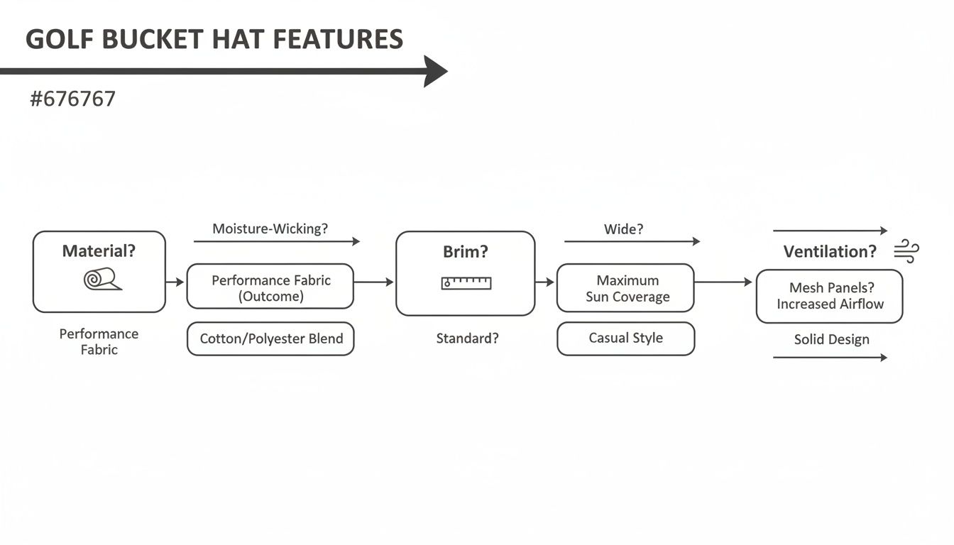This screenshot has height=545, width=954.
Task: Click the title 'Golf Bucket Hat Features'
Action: click(214, 39)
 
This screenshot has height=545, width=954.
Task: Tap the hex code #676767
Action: click(72, 99)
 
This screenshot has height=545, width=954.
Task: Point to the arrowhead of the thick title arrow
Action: click(434, 71)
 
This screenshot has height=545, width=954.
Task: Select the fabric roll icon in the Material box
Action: click(102, 280)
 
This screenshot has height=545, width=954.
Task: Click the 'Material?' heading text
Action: click(99, 251)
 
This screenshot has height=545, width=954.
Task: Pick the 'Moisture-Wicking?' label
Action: click(270, 229)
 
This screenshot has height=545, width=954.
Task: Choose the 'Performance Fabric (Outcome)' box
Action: click(270, 287)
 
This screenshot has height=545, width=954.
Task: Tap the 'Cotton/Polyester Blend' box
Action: click(270, 338)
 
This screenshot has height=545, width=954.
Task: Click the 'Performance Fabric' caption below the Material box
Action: click(99, 341)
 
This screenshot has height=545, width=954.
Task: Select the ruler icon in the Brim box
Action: click(466, 283)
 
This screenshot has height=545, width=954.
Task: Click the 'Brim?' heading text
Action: click(466, 252)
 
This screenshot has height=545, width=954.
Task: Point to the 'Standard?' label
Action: click(467, 338)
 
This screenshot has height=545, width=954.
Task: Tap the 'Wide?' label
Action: click(623, 229)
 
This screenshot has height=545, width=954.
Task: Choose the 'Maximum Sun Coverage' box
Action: click(625, 288)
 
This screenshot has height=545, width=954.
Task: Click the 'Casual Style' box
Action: click(625, 338)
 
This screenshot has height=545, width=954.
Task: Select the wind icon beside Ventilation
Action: click(906, 251)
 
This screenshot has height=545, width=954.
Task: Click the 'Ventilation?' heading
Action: click(830, 252)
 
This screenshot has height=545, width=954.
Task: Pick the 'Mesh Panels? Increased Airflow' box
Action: click(829, 296)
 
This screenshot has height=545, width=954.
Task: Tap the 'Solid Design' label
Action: click(831, 339)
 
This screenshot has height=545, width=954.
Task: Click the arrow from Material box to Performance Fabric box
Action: click(175, 282)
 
